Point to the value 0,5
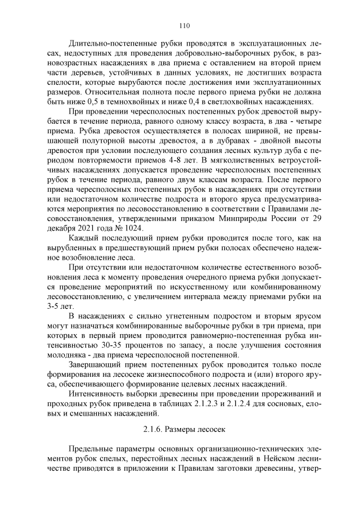point(103,102)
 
